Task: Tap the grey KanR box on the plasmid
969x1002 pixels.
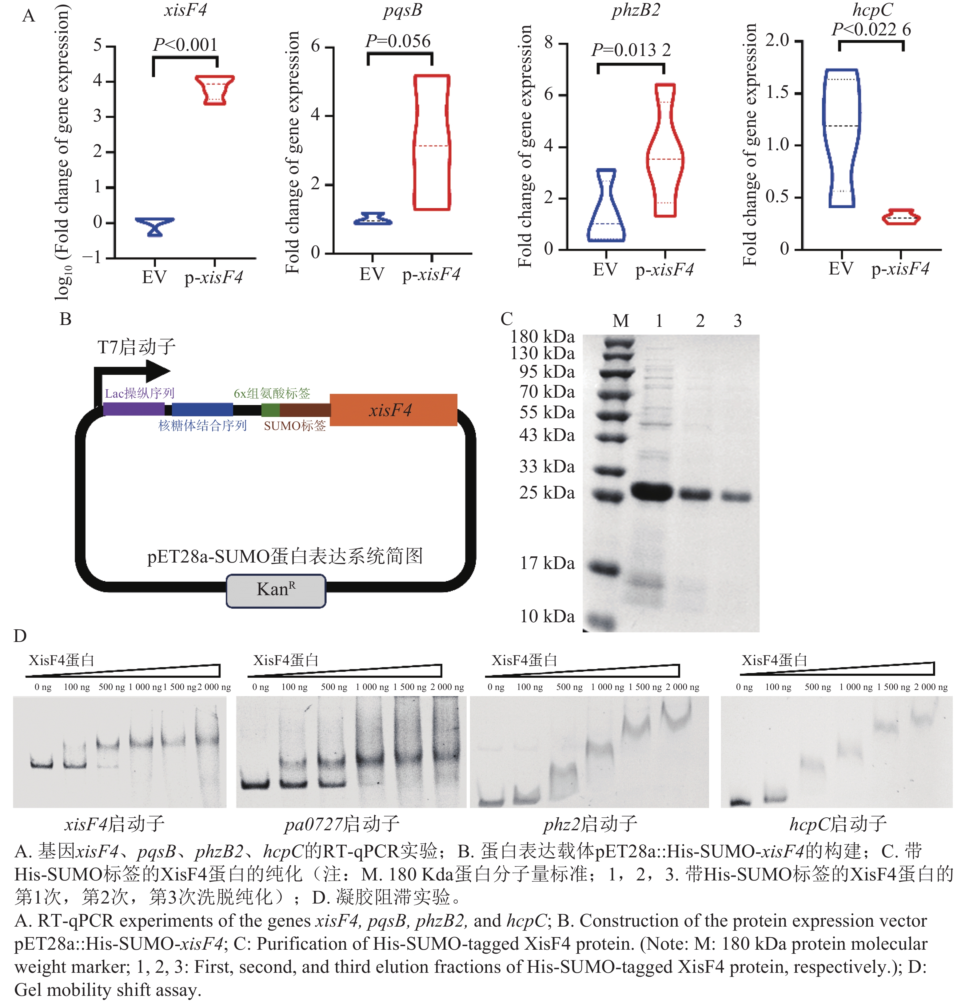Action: pos(276,591)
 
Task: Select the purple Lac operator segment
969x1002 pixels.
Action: pos(134,409)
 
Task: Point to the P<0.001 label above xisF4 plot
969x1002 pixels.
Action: pos(185,45)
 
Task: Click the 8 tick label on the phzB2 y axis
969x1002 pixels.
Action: pos(548,42)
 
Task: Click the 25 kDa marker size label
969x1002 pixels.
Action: pos(547,493)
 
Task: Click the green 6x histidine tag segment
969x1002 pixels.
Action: pos(270,410)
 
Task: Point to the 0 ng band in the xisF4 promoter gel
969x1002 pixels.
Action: pos(42,765)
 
